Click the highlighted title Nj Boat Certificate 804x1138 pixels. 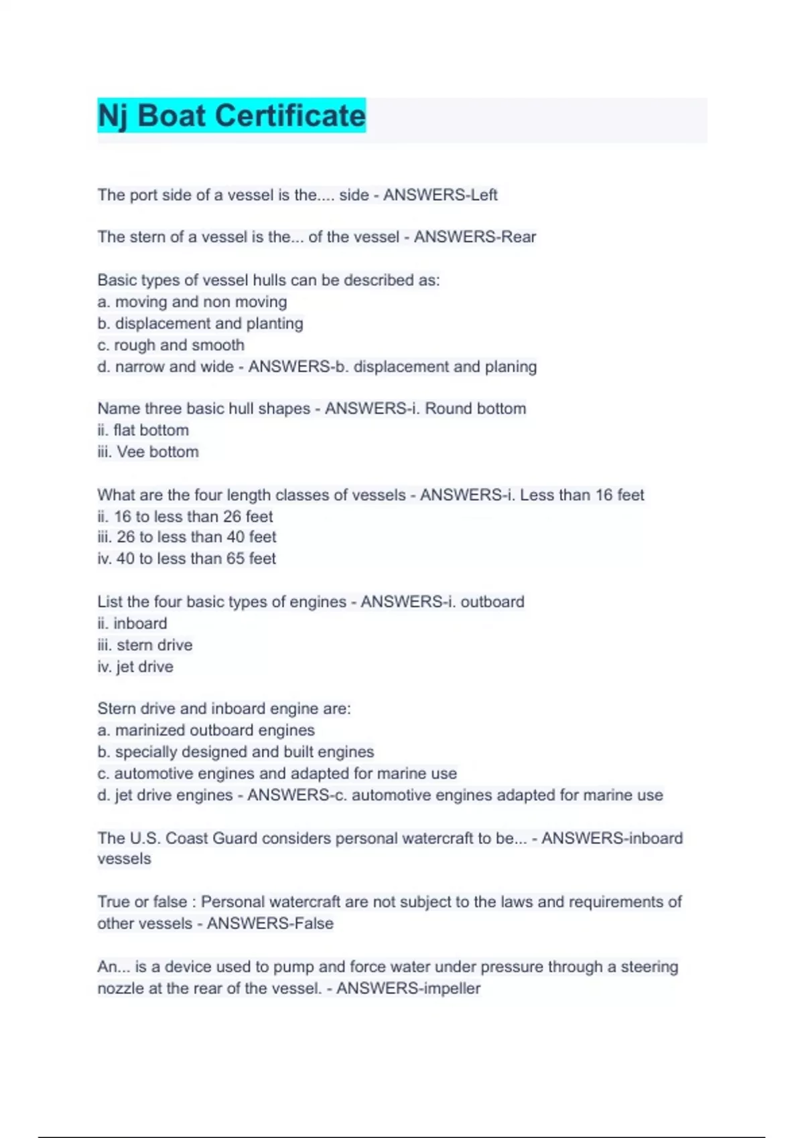click(x=232, y=116)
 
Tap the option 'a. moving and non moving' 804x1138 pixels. click(x=192, y=302)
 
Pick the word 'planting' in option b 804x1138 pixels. click(x=275, y=324)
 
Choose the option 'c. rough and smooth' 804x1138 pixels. click(x=171, y=345)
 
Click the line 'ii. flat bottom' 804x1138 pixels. click(x=143, y=430)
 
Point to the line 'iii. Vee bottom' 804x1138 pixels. click(x=148, y=452)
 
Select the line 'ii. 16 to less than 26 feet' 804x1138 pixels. click(x=185, y=517)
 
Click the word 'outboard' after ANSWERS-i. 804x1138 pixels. click(x=492, y=602)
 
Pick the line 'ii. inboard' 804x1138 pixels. click(x=132, y=624)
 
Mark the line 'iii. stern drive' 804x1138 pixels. click(x=145, y=645)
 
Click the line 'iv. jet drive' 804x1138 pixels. click(x=135, y=667)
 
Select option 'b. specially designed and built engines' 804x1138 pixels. click(x=236, y=752)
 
